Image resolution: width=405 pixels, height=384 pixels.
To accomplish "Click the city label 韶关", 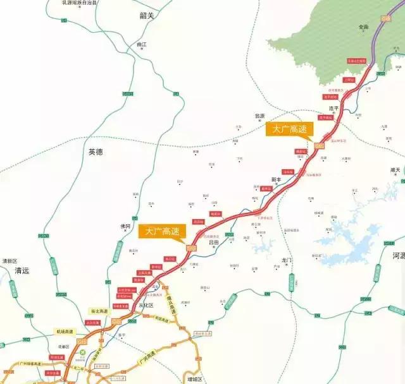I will click(147, 15).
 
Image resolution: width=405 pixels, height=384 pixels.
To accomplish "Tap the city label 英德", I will click(96, 152).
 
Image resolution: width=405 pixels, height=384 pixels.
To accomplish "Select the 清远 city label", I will click(22, 270).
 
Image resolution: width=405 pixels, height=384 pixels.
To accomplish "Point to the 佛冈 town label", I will click(125, 226).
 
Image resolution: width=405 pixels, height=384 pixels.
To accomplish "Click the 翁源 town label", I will click(259, 116).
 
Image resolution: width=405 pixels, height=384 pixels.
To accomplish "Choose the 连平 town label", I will click(334, 108).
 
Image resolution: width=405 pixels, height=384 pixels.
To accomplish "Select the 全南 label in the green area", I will click(363, 27).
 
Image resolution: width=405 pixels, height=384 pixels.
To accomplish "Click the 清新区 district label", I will click(9, 260).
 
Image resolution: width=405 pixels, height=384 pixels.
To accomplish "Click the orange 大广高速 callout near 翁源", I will click(290, 129).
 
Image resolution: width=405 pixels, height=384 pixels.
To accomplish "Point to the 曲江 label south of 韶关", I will click(141, 45).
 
